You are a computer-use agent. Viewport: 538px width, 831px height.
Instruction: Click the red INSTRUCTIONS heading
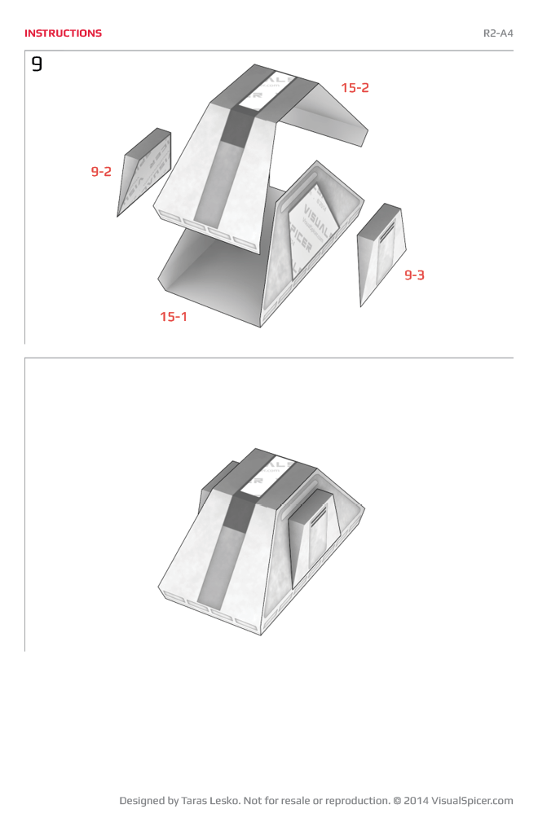click(x=63, y=33)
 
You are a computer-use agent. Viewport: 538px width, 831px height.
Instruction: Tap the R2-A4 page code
click(x=498, y=33)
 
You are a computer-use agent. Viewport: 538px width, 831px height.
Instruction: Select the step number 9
click(x=37, y=64)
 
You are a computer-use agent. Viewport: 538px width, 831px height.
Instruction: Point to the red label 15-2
click(x=355, y=88)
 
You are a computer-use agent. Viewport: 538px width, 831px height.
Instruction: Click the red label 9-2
click(x=101, y=172)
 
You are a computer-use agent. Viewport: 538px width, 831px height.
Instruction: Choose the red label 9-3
click(x=415, y=275)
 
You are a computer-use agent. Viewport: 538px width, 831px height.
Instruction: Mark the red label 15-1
click(x=173, y=316)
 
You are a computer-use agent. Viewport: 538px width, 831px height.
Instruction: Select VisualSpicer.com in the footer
click(x=472, y=801)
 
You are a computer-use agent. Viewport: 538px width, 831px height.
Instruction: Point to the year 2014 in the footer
click(x=415, y=801)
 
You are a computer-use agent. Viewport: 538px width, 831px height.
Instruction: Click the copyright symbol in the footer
click(x=397, y=801)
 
